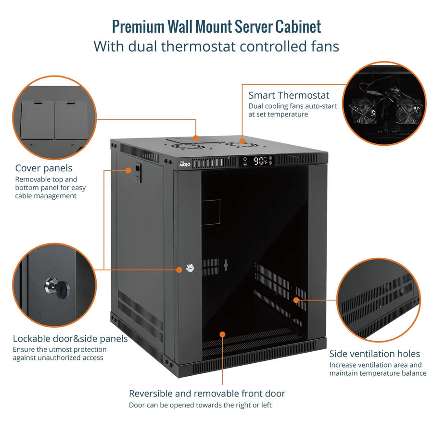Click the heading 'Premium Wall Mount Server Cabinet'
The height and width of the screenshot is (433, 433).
216,26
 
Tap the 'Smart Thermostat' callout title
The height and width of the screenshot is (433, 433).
289,95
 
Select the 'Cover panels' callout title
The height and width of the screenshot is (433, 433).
44,168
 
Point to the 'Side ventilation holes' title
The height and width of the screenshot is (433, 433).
374,354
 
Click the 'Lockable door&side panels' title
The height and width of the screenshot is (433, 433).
70,339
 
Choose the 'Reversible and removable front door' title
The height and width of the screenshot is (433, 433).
207,394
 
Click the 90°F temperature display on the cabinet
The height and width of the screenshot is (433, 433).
261,161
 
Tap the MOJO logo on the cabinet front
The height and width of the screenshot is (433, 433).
185,164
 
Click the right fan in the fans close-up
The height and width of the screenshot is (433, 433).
405,113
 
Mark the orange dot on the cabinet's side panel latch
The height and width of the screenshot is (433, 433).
128,170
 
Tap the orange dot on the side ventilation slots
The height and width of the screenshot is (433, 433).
296,300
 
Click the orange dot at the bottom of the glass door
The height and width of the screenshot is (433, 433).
222,334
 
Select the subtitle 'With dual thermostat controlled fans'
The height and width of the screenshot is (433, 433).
216,47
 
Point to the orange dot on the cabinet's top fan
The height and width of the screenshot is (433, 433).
242,141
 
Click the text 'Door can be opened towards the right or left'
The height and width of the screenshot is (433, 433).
200,405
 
